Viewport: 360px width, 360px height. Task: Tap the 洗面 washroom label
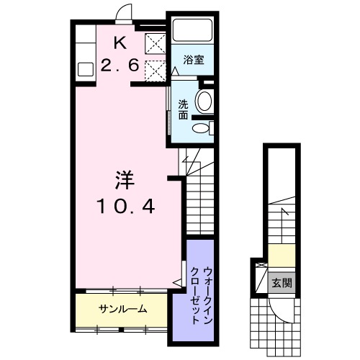tap(184, 109)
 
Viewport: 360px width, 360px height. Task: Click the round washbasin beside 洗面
tap(205, 102)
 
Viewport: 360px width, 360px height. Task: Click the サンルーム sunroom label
tap(123, 310)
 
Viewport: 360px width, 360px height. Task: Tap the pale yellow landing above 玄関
tap(282, 256)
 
